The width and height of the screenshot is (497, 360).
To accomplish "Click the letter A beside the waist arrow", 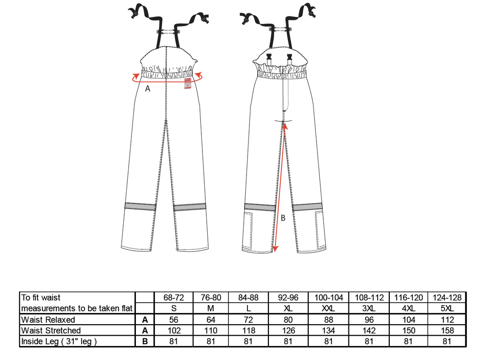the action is point(148,89).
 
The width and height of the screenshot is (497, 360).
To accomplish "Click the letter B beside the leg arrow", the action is point(283,218).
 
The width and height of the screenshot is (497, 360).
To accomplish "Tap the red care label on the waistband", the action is point(188,83).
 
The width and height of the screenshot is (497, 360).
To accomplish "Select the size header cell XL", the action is point(288,309).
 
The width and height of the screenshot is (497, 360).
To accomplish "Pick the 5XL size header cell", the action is point(447,309).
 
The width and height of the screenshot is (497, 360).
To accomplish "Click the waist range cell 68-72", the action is point(174,297).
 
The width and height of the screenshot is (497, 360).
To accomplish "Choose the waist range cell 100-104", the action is point(329,297).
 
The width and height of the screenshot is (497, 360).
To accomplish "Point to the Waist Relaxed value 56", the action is point(174,319).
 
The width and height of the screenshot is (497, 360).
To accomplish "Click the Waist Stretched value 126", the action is point(288,330).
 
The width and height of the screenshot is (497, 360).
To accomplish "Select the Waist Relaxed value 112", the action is point(447,319).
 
